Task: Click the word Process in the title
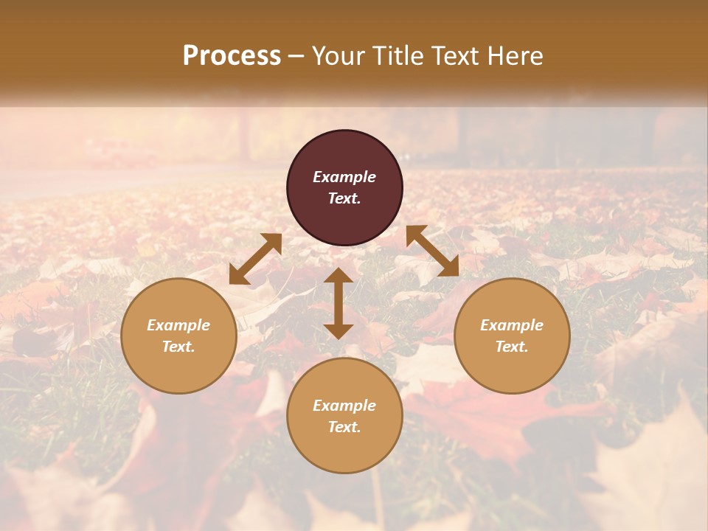pyautogui.click(x=232, y=56)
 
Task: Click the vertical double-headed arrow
pyautogui.click(x=339, y=303)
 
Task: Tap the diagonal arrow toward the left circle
pyautogui.click(x=255, y=259)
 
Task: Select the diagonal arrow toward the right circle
pyautogui.click(x=433, y=251)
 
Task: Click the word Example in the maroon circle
pyautogui.click(x=344, y=177)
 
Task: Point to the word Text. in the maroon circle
pyautogui.click(x=344, y=198)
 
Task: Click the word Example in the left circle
pyautogui.click(x=178, y=325)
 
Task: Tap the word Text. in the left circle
pyautogui.click(x=178, y=347)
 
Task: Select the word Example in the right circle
pyautogui.click(x=512, y=325)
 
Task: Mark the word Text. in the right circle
pyautogui.click(x=512, y=347)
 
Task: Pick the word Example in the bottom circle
pyautogui.click(x=344, y=406)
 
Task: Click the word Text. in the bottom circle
pyautogui.click(x=344, y=427)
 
